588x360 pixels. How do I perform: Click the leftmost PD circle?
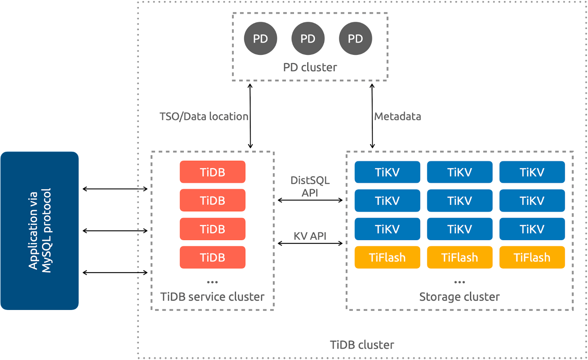point(260,39)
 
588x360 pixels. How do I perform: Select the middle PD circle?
point(308,39)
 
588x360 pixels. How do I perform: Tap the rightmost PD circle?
point(355,39)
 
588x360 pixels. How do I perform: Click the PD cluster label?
point(310,67)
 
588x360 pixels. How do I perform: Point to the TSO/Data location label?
point(204,117)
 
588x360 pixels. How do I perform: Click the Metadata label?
point(398,117)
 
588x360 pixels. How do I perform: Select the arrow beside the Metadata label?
point(372,116)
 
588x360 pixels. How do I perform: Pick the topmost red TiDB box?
point(212,172)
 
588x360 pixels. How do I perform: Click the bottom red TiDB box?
point(212,257)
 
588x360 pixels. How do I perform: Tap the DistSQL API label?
point(310,186)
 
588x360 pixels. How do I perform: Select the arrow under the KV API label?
point(310,243)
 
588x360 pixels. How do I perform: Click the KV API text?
point(310,236)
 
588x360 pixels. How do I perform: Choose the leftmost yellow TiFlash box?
point(387,257)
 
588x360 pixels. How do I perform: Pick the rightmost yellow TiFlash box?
point(532,257)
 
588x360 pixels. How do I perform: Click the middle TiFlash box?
point(459,257)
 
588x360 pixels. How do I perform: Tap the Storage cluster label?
point(459,297)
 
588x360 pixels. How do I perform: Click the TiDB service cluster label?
point(212,297)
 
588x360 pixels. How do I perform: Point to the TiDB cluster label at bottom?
point(362,345)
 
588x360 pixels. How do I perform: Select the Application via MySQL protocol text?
point(40,231)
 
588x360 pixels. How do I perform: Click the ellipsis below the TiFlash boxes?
point(459,282)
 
